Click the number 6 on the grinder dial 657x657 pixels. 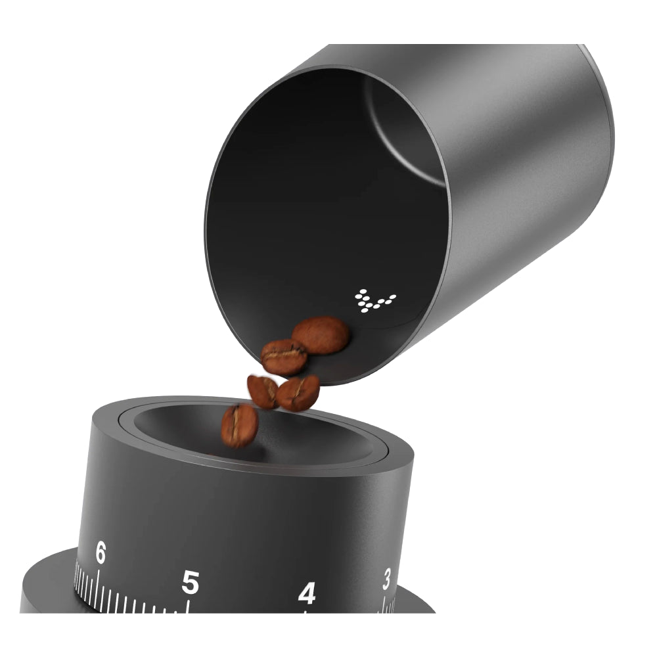point(100,553)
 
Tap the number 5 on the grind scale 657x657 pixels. point(190,581)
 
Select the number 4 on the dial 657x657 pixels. point(306,594)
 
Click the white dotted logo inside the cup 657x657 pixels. point(375,300)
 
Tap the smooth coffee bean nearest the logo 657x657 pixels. point(321,335)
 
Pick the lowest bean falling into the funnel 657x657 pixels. point(239,425)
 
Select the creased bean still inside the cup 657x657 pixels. point(284,357)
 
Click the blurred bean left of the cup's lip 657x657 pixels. point(261,391)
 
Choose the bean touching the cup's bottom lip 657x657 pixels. point(298,393)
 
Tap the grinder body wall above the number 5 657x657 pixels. point(197,519)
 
